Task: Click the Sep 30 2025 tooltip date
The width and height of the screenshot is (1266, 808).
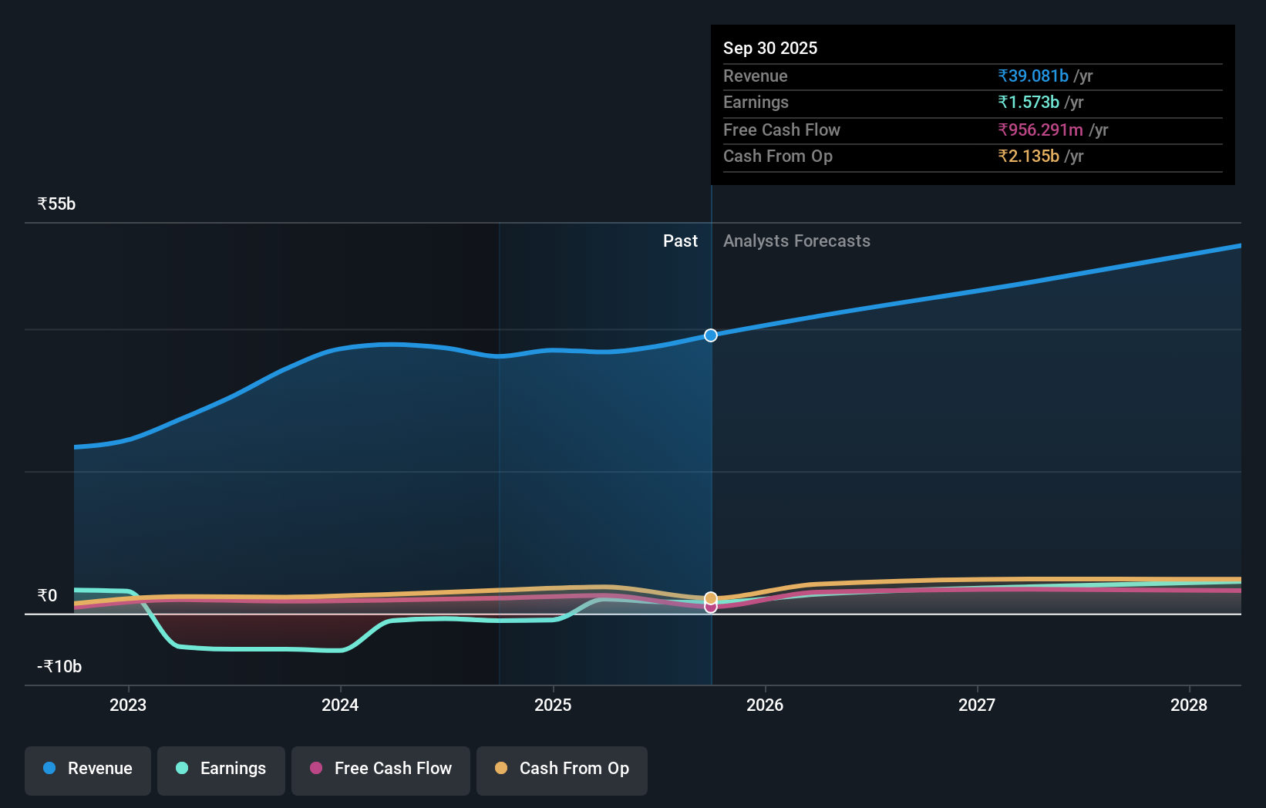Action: point(769,48)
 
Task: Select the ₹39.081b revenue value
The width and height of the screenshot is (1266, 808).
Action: point(1032,76)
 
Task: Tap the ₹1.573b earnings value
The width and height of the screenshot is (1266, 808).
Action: point(1028,102)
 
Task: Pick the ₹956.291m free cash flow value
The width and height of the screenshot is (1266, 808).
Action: point(1039,130)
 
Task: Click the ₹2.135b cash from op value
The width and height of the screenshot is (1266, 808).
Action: point(1028,156)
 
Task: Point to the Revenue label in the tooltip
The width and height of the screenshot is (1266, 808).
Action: point(755,76)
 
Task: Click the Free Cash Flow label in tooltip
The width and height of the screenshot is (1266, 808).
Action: point(781,130)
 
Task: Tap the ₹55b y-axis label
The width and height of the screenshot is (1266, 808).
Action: point(56,204)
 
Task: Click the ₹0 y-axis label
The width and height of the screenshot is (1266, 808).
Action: point(47,595)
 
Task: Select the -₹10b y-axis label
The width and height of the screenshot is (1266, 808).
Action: point(59,666)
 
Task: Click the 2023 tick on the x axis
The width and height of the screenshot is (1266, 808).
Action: point(128,705)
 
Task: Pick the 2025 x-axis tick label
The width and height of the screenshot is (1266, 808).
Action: point(553,705)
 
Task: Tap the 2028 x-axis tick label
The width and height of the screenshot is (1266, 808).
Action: point(1188,705)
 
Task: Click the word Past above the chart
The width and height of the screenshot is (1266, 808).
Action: point(680,241)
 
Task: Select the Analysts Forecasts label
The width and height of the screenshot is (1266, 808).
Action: point(796,241)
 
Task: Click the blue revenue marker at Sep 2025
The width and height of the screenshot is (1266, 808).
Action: point(711,335)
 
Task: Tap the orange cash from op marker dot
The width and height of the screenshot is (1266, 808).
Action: point(711,598)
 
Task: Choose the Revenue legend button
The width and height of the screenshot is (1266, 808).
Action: point(88,769)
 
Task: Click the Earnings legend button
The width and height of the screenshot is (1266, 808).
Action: point(221,769)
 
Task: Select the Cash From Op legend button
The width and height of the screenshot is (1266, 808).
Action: point(562,769)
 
